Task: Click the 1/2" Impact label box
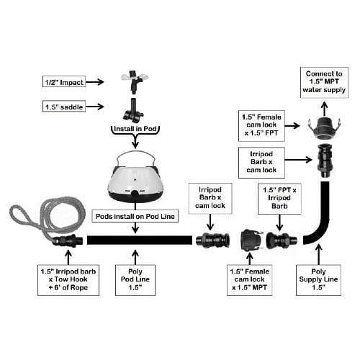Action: pyautogui.click(x=64, y=81)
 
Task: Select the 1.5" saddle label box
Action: pyautogui.click(x=64, y=106)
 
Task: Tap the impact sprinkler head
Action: pyautogui.click(x=134, y=81)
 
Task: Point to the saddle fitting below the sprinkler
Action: pyautogui.click(x=133, y=110)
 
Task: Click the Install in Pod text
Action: pyautogui.click(x=135, y=129)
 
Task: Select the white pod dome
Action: pyautogui.click(x=135, y=179)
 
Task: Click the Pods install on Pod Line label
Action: pyautogui.click(x=135, y=216)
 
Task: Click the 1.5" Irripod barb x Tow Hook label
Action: pyautogui.click(x=68, y=280)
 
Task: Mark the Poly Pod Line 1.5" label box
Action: pyautogui.click(x=135, y=280)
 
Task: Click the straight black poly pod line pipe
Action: pyautogui.click(x=140, y=240)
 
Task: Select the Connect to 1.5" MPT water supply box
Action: pyautogui.click(x=324, y=82)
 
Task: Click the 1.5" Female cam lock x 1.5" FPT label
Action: pyautogui.click(x=261, y=126)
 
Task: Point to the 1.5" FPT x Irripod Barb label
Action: pyautogui.click(x=279, y=199)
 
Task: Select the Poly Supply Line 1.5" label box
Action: pyautogui.click(x=318, y=280)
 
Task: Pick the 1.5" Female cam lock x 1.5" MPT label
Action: pyautogui.click(x=250, y=280)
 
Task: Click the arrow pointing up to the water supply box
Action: pyautogui.click(x=325, y=109)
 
